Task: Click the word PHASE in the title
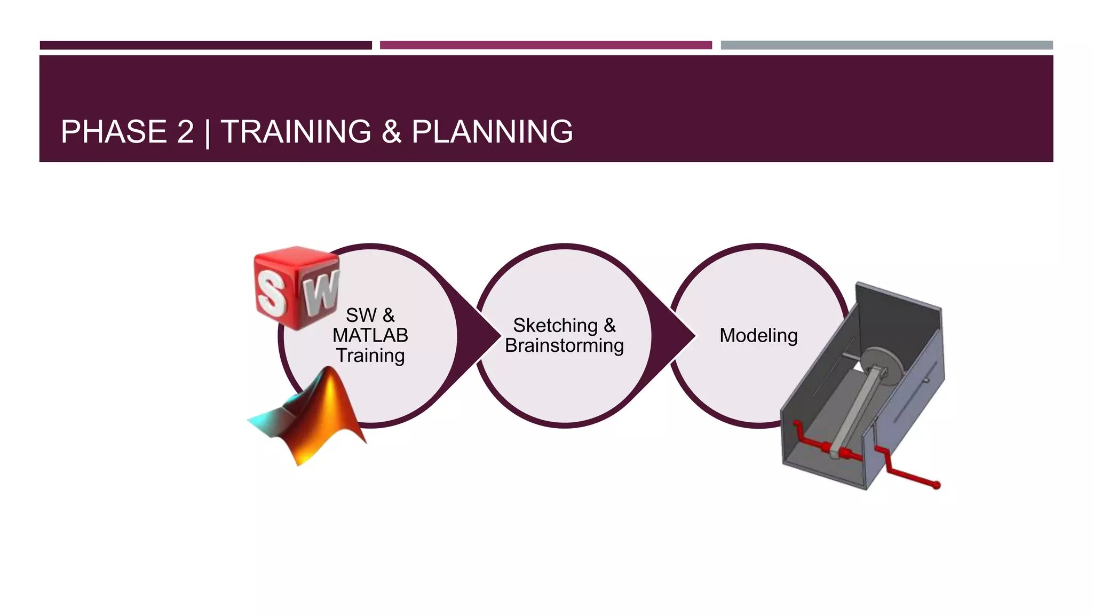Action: [x=113, y=132]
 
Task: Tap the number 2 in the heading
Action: [x=185, y=132]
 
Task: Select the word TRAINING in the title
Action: [x=296, y=132]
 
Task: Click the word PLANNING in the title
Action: [x=492, y=132]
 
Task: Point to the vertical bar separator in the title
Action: [x=208, y=133]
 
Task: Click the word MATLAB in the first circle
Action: [x=370, y=335]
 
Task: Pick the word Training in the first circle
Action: [x=370, y=356]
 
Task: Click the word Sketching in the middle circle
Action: [x=555, y=325]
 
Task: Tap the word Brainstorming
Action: [x=564, y=345]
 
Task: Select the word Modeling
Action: [x=758, y=335]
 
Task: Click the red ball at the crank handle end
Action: [x=936, y=485]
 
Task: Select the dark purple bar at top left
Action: [x=205, y=45]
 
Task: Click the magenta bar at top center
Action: [x=545, y=45]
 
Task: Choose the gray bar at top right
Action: [x=886, y=45]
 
